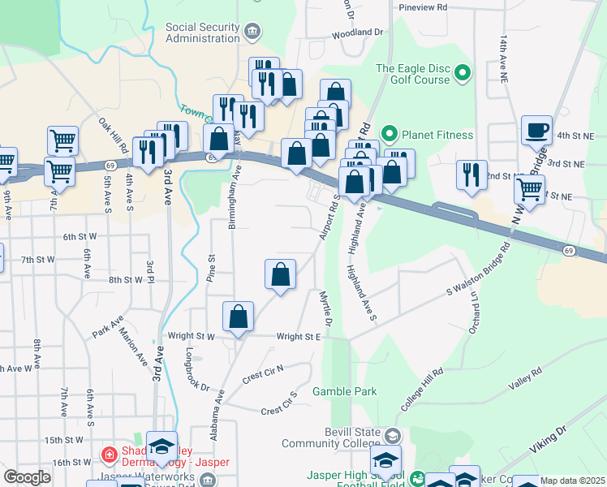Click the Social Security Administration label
point(203,32)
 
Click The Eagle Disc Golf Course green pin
point(463,74)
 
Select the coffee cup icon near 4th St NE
point(536,129)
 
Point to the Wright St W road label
point(192,335)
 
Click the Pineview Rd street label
point(424,6)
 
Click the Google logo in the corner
point(27,476)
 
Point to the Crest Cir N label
point(263,375)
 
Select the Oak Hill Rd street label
point(114,136)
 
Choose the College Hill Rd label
point(423,388)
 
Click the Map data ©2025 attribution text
point(572,481)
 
